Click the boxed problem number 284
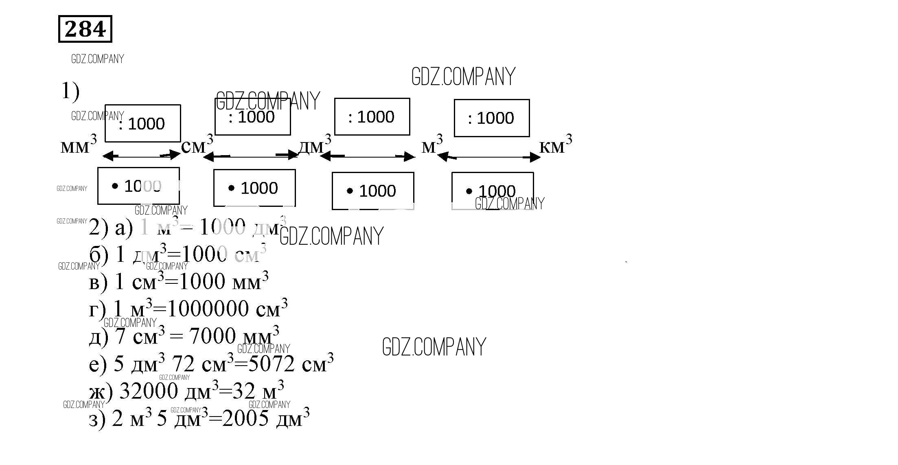pos(85,29)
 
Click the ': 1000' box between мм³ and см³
pos(142,123)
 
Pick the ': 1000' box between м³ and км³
pos(491,118)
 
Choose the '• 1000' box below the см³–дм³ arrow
pos(254,188)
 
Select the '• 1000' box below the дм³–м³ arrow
pos(373,191)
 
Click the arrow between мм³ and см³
pos(141,155)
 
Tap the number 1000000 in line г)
pos(208,309)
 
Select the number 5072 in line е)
pos(271,364)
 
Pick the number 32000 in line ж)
pos(149,391)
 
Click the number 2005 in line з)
pos(245,419)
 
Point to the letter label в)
pos(98,282)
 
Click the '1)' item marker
pos(70,91)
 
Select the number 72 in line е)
pos(183,364)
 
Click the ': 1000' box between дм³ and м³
pos(372,117)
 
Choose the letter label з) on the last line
pos(97,419)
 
